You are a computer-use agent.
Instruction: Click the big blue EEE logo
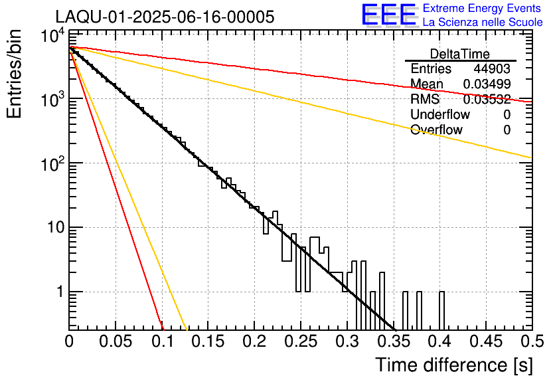(388, 16)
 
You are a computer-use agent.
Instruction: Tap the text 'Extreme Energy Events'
(483, 9)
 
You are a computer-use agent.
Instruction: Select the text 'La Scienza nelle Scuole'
(483, 23)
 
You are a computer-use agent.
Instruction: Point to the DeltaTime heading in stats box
(460, 53)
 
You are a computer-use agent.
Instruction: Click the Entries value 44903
(492, 69)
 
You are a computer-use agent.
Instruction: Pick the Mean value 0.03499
(486, 84)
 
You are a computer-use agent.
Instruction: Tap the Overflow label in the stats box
(436, 130)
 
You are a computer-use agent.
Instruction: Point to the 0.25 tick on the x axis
(300, 341)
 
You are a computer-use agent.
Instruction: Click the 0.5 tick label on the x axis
(530, 341)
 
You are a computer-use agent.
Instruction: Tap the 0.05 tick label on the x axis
(116, 341)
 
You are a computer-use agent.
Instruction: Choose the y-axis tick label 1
(58, 292)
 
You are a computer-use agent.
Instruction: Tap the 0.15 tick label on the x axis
(208, 341)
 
